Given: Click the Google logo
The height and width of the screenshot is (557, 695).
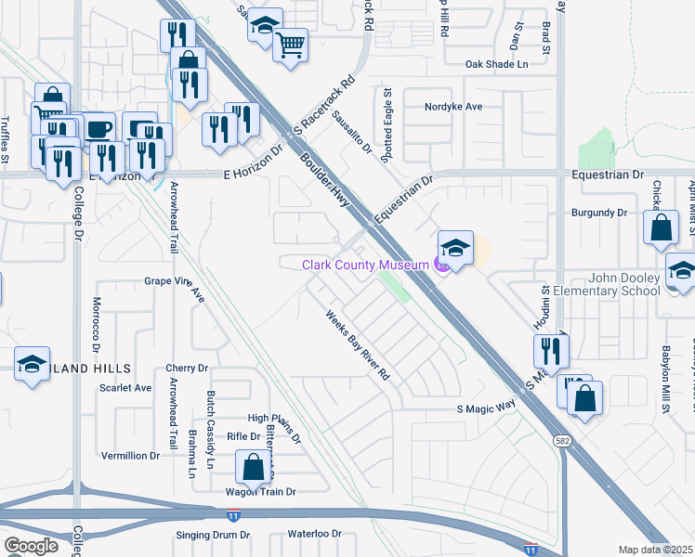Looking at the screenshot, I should click(31, 546).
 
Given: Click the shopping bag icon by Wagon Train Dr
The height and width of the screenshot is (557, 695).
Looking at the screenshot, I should click(253, 467).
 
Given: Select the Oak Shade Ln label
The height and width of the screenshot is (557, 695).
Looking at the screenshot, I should click(496, 64).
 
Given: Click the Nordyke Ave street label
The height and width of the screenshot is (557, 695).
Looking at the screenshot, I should click(453, 107).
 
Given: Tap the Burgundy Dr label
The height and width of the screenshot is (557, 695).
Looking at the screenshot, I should click(600, 213).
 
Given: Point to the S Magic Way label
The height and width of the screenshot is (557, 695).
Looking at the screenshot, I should click(486, 408).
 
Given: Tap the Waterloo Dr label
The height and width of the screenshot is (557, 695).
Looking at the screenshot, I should click(314, 535).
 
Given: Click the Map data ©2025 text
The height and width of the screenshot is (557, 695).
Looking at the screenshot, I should click(656, 550).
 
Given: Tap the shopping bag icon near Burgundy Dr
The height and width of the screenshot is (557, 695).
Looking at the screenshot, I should click(660, 228).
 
